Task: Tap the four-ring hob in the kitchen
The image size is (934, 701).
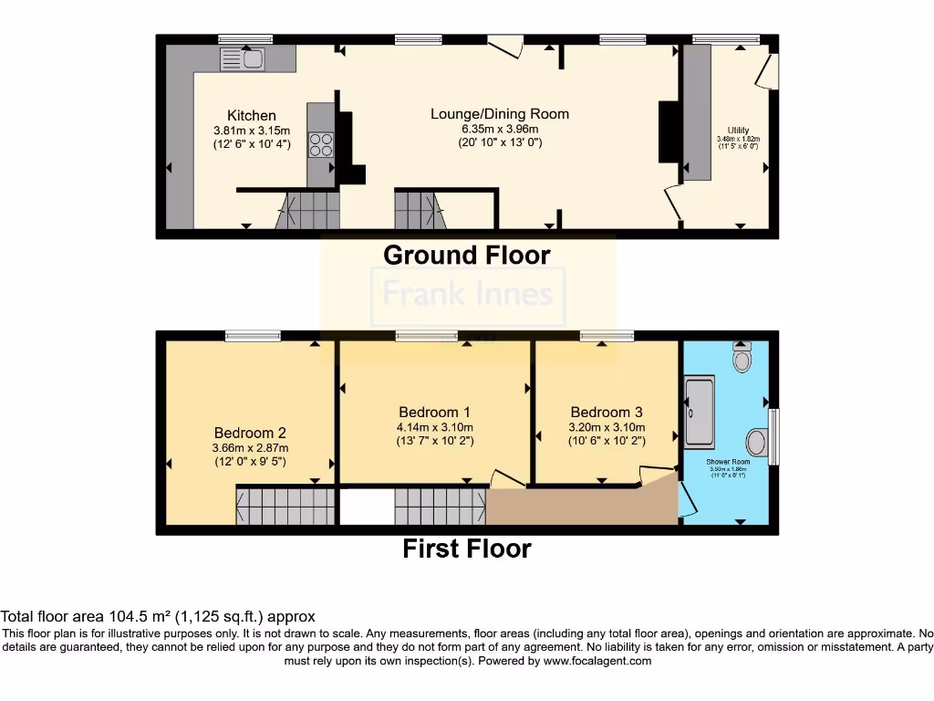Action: (321, 145)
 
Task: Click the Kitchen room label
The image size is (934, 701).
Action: (252, 115)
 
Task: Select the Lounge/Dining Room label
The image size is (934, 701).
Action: (500, 114)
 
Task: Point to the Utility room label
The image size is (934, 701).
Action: (738, 130)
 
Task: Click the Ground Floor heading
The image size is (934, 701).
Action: (467, 255)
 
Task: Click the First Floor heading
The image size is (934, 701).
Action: (467, 549)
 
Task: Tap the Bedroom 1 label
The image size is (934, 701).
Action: (434, 413)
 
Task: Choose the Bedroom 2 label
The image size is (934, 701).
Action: (251, 433)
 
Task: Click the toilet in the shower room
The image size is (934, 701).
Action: (741, 358)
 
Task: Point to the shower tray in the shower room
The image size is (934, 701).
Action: (700, 413)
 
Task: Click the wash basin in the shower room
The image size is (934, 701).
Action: (756, 442)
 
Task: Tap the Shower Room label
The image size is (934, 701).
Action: (728, 463)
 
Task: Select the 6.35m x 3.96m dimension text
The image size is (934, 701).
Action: (500, 129)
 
